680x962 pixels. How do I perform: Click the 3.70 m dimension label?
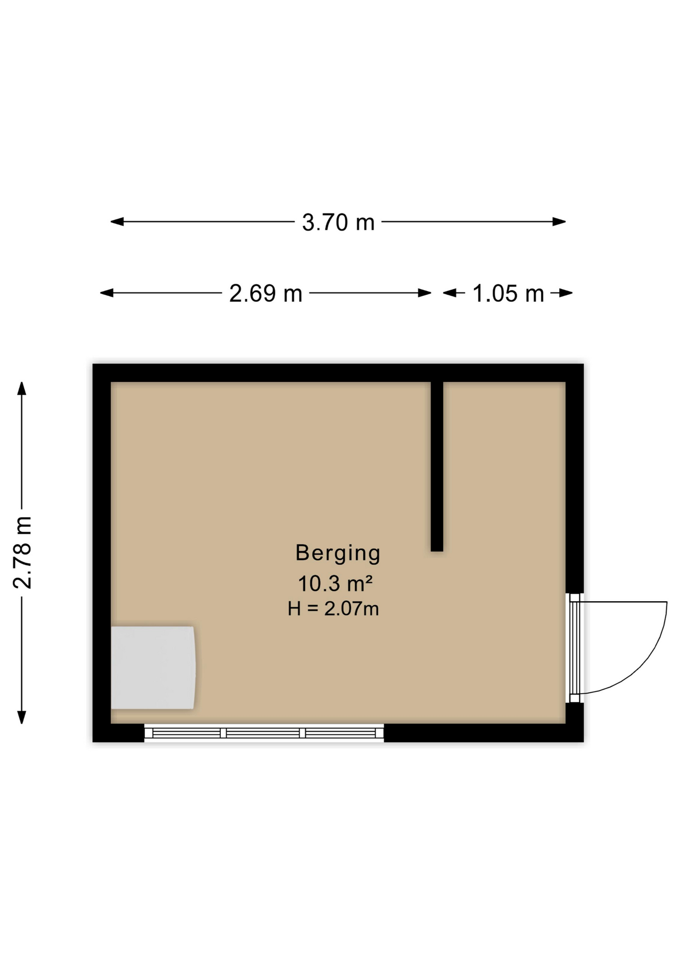pyautogui.click(x=338, y=222)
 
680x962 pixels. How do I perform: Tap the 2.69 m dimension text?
pyautogui.click(x=266, y=294)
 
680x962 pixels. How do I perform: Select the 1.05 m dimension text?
pyautogui.click(x=508, y=294)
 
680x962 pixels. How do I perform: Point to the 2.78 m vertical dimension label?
pyautogui.click(x=23, y=552)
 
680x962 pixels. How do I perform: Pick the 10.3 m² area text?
pyautogui.click(x=335, y=584)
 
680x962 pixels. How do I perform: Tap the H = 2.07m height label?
pyautogui.click(x=333, y=609)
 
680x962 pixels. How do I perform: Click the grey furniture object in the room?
pyautogui.click(x=153, y=667)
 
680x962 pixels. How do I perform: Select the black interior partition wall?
pyautogui.click(x=437, y=466)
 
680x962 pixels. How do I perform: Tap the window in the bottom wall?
pyautogui.click(x=264, y=733)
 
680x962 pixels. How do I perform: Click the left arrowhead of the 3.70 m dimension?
pyautogui.click(x=117, y=221)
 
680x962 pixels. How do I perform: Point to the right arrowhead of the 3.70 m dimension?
pyautogui.click(x=559, y=221)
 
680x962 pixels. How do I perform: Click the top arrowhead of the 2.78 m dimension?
pyautogui.click(x=22, y=388)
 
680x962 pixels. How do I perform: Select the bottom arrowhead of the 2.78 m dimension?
pyautogui.click(x=22, y=717)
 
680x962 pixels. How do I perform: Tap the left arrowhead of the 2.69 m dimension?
pyautogui.click(x=107, y=293)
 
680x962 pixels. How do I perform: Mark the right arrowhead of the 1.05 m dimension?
pyautogui.click(x=566, y=293)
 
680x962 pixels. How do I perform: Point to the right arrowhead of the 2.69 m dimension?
pyautogui.click(x=425, y=293)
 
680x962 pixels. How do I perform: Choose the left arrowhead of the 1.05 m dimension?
pyautogui.click(x=450, y=293)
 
